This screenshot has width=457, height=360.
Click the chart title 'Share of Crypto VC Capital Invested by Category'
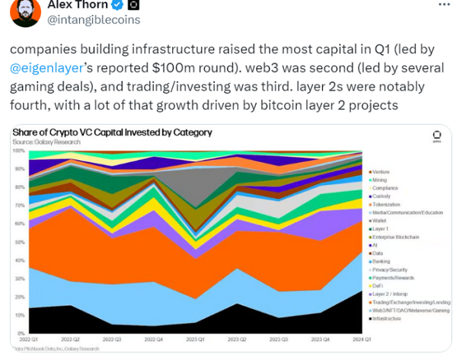[x=112, y=132]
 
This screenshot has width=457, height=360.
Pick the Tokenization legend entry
[x=386, y=204]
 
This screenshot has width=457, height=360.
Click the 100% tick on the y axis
[x=19, y=151]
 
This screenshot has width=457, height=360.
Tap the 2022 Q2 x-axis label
[x=69, y=340]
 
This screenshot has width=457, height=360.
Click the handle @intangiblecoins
[x=94, y=19]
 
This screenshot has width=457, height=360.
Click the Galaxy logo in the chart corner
[x=437, y=137]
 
